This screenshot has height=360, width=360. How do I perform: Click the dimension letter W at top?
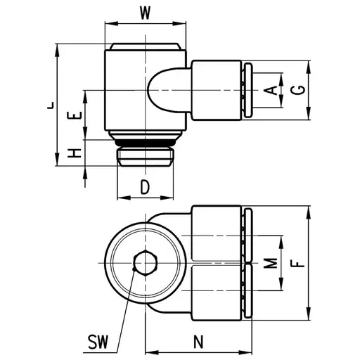[x=144, y=12]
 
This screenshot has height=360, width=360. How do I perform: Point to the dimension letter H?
[x=76, y=153]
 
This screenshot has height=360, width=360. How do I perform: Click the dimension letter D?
[x=144, y=187]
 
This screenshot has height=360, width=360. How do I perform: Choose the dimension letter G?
[x=299, y=90]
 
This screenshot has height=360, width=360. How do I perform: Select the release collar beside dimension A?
[x=246, y=89]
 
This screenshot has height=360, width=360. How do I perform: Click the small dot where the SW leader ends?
[x=134, y=268]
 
